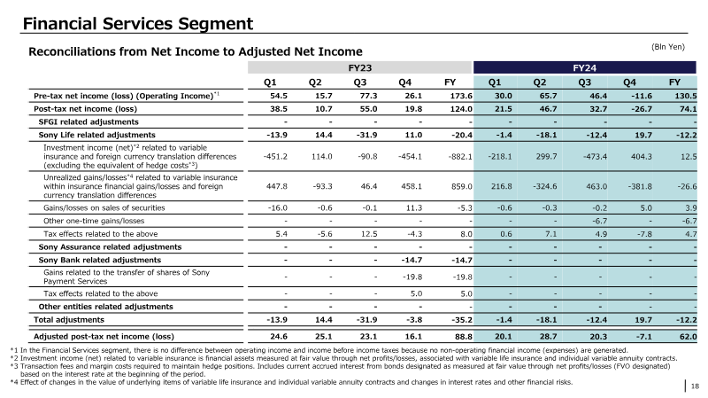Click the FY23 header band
[x=359, y=68]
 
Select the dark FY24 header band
[x=585, y=68]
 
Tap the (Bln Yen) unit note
[x=668, y=47]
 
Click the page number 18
[x=695, y=386]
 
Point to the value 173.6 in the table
[x=460, y=96]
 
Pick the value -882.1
[x=460, y=157]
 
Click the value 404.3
[x=641, y=157]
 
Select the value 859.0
[x=461, y=186]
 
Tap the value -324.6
[x=545, y=186]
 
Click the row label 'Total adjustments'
[x=69, y=320]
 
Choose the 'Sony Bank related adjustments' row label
[x=100, y=260]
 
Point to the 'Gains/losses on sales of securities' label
[x=104, y=208]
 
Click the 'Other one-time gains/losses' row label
[x=94, y=222]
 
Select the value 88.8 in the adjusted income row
[x=463, y=337]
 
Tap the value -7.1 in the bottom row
[x=643, y=337]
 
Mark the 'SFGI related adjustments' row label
[x=88, y=122]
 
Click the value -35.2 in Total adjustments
[x=461, y=320]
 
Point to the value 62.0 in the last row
[x=689, y=337]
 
